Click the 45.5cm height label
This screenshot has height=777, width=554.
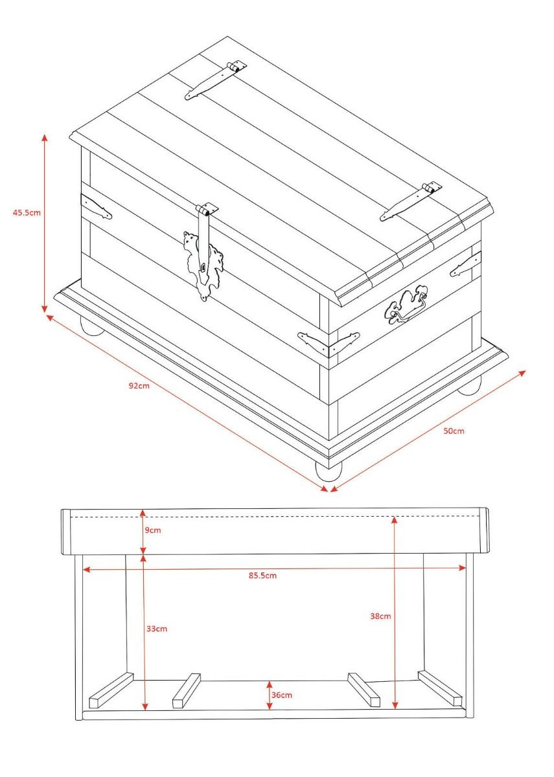(27, 212)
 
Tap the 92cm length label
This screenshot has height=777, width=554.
(139, 385)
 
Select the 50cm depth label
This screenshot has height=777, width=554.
(454, 431)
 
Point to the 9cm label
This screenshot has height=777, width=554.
(153, 530)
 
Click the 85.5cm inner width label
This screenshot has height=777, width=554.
(262, 576)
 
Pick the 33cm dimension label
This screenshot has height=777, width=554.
(157, 629)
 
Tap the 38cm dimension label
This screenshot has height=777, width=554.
(380, 616)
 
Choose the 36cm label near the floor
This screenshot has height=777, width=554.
(281, 695)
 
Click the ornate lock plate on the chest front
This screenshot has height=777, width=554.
(203, 265)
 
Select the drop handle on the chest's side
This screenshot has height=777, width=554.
(406, 305)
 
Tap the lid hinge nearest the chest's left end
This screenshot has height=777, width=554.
(215, 80)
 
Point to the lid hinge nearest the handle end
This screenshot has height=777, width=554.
(411, 201)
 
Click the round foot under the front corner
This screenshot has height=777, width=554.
(328, 472)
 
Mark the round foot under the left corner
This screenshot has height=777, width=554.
(92, 326)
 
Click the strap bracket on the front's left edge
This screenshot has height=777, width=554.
(96, 207)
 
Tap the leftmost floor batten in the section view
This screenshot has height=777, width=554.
(111, 690)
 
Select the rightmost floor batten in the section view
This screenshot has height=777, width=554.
(440, 688)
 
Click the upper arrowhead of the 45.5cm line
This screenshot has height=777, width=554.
(45, 138)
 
